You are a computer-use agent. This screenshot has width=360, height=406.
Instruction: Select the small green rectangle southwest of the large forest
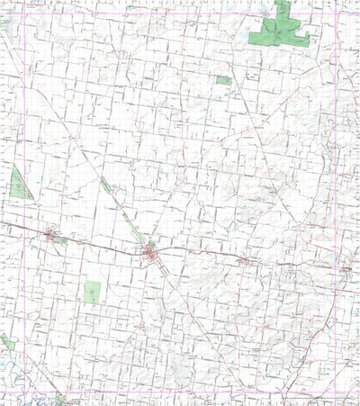(x=223, y=80)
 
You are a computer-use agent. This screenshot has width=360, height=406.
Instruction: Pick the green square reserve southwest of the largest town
(x=92, y=292)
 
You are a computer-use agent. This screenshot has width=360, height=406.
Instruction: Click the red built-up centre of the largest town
(x=151, y=253)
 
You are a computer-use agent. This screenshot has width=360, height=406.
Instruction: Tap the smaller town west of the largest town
(x=50, y=236)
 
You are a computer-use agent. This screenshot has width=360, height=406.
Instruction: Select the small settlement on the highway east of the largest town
(x=242, y=261)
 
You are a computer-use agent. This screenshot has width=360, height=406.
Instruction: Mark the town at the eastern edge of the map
(x=346, y=267)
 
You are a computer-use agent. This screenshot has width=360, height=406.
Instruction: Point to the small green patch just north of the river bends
(x=6, y=342)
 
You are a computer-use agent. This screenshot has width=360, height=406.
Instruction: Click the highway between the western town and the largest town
(x=99, y=241)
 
